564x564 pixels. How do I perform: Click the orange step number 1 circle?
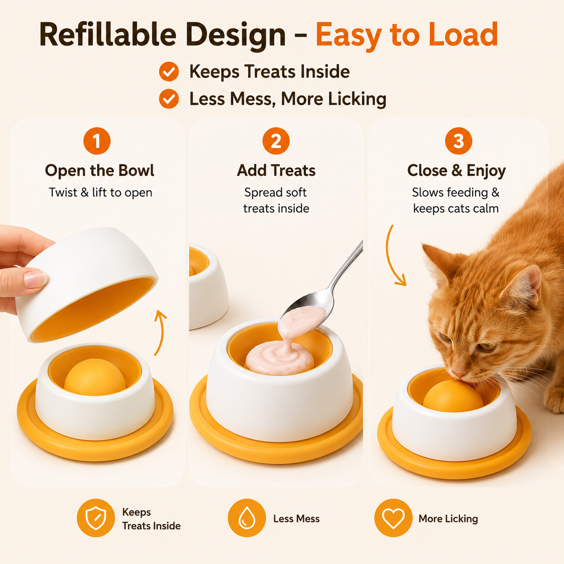tap(97, 141)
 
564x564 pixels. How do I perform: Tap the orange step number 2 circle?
tap(276, 141)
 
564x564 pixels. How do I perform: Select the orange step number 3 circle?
tap(459, 141)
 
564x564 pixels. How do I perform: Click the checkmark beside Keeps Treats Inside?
tap(169, 72)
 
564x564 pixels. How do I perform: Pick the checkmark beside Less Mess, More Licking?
tap(169, 98)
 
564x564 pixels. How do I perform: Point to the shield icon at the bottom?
tap(96, 518)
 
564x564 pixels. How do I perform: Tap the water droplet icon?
tap(247, 518)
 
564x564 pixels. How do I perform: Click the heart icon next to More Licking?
tap(394, 518)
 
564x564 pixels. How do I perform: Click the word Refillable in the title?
tap(107, 35)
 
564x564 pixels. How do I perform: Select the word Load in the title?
tap(464, 35)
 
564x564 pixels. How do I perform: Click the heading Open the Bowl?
tap(99, 170)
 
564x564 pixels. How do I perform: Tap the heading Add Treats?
tap(276, 170)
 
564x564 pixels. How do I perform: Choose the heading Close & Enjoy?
tap(457, 171)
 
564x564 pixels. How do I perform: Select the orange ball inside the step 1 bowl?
tap(95, 377)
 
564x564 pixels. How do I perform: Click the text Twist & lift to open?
tap(100, 192)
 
